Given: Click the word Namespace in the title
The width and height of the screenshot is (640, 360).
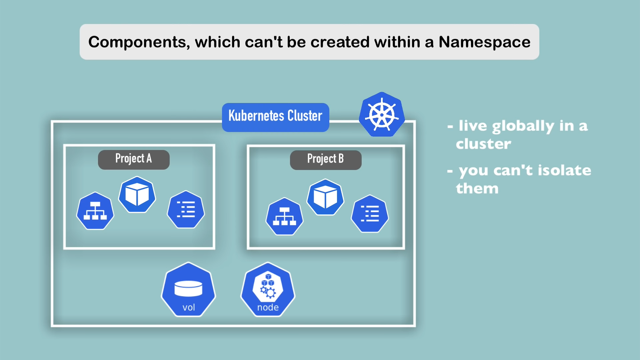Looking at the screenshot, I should coord(484,42).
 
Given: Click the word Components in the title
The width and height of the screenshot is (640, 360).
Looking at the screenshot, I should coord(139,42).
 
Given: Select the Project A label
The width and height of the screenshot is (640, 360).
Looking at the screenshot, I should coord(134,159).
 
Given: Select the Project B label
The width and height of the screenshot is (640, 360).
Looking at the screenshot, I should coord(326,159).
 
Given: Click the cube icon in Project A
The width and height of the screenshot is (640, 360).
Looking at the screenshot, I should coord(137,195).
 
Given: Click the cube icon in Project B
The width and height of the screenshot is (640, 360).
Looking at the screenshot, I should coord(325,197).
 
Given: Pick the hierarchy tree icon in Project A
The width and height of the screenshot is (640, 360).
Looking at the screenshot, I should coord(95,211).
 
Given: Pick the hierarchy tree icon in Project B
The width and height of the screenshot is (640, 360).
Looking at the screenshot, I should coord(284,216).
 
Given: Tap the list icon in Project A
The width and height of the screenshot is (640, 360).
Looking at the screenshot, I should coord(186,210).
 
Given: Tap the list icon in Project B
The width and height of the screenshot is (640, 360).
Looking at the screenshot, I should coord(370,214).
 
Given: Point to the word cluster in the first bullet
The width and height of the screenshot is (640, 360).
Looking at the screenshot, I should coord(483,144).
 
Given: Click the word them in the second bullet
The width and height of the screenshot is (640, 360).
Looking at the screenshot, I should coord(477,189).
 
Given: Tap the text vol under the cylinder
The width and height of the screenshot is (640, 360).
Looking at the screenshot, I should coord(189,307).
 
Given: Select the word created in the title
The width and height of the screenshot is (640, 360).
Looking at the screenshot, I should coord(340,42).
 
